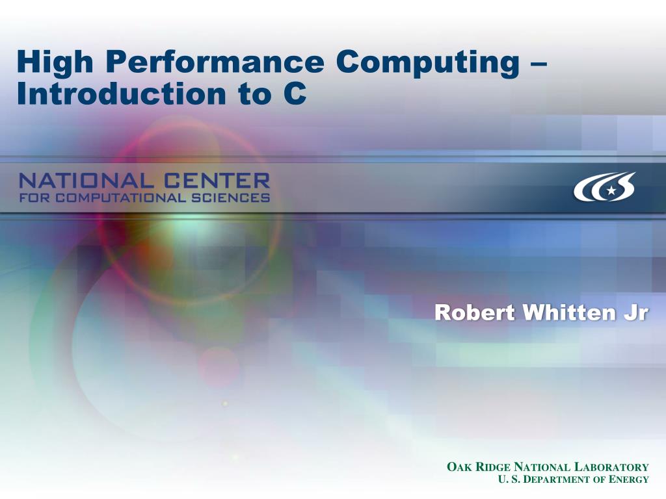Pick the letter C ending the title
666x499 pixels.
pyautogui.click(x=295, y=94)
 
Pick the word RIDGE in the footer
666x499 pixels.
pyautogui.click(x=492, y=467)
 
